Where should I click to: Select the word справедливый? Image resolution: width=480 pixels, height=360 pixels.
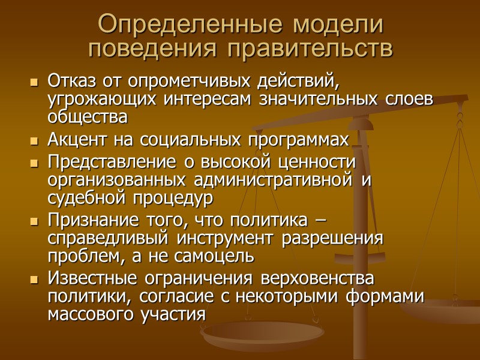click(x=113, y=239)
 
